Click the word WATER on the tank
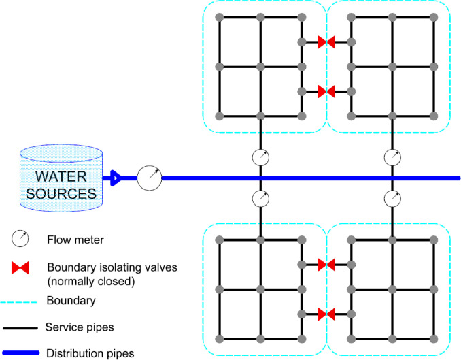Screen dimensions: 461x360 [x=61, y=177]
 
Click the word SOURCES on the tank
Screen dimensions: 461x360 [x=61, y=194]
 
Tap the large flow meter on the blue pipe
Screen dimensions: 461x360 [x=150, y=178]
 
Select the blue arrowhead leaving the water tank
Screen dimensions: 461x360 [x=116, y=178]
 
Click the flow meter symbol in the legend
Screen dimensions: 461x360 [x=20, y=238]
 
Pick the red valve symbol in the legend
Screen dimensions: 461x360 [x=20, y=268]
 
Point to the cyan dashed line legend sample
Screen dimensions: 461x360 [x=18, y=302]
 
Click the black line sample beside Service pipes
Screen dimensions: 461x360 [x=20, y=328]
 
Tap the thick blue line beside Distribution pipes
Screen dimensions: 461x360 [x=20, y=353]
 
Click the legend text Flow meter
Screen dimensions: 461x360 [x=75, y=240]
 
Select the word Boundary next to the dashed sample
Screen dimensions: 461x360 [x=71, y=301]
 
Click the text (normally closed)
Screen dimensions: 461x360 [x=91, y=282]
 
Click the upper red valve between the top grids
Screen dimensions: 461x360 [x=326, y=42]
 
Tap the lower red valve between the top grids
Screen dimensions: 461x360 [x=326, y=92]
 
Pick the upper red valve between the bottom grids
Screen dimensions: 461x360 [x=326, y=265]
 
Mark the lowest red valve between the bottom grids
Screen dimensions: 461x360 [x=326, y=314]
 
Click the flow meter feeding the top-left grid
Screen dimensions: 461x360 [x=260, y=157]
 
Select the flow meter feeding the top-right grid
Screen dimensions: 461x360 [x=392, y=157]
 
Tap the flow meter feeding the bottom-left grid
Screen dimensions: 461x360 [x=260, y=199]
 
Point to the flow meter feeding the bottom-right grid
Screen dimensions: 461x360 [x=392, y=199]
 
